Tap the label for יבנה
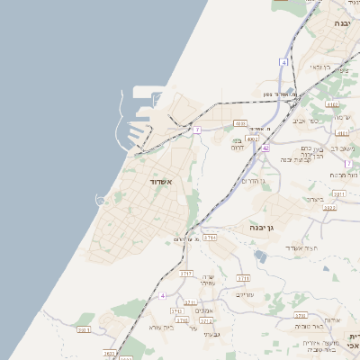342,22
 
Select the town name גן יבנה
262,229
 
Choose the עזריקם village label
244,293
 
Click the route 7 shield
196,130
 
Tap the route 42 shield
265,148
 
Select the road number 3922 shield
330,208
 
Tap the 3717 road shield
186,272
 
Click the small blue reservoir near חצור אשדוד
261,256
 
